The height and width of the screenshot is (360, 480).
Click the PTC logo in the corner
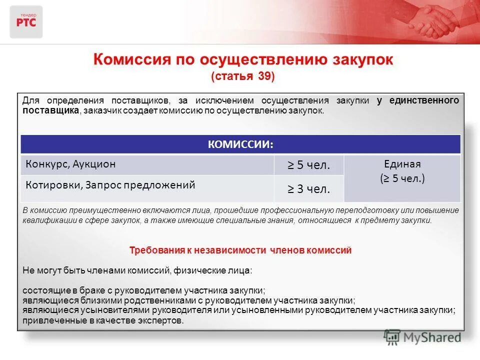(26, 21)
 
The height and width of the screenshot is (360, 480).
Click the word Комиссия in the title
(129, 59)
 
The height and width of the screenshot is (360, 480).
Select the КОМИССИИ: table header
(240, 144)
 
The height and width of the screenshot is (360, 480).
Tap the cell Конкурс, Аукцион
(71, 164)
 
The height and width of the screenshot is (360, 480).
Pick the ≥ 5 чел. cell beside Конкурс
(308, 165)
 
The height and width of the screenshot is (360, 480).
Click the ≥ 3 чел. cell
(308, 189)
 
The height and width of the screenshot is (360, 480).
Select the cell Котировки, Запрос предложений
(110, 184)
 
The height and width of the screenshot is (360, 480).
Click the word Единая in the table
(402, 163)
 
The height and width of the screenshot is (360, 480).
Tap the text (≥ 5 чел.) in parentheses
(402, 178)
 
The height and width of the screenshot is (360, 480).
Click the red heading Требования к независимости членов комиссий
(240, 250)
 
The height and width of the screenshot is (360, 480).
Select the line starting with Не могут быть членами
(138, 270)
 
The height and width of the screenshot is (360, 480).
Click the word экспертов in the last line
(162, 320)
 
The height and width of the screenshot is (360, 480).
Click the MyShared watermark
(422, 337)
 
